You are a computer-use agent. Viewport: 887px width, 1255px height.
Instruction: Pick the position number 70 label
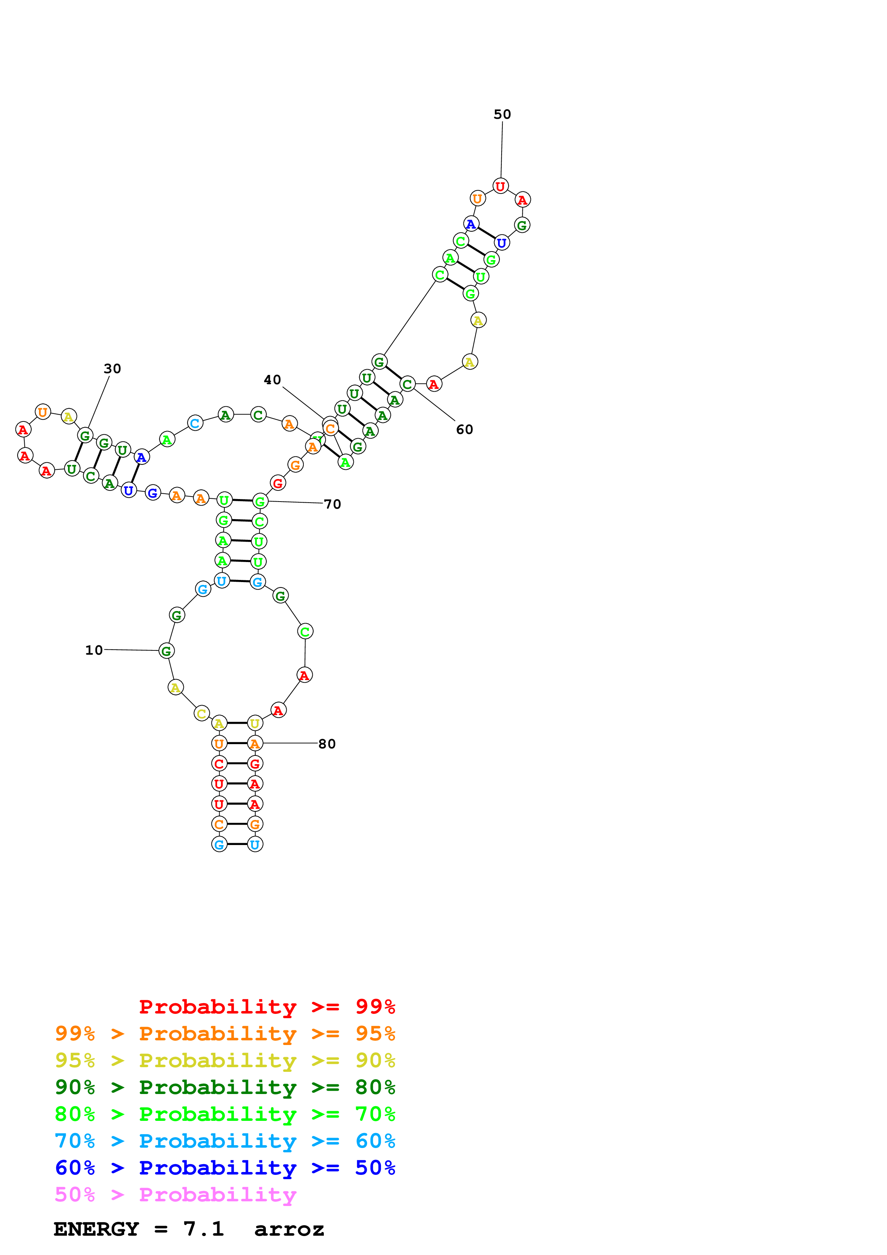tap(332, 504)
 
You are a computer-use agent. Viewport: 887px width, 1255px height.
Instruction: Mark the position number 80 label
tap(327, 743)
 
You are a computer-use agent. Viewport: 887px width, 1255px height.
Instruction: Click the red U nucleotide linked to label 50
tap(500, 186)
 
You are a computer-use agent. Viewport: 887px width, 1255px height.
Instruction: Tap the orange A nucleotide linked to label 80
tap(255, 743)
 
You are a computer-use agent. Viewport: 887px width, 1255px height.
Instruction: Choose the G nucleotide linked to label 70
tap(260, 501)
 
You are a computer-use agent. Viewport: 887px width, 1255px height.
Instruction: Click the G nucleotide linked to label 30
tap(85, 436)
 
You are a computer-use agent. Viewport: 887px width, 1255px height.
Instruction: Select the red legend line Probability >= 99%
tap(267, 1006)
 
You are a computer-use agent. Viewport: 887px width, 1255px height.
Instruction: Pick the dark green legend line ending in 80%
tap(225, 1087)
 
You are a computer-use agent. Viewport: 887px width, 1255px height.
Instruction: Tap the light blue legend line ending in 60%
tap(225, 1141)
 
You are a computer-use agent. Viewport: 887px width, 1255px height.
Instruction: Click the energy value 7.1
tap(203, 1229)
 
